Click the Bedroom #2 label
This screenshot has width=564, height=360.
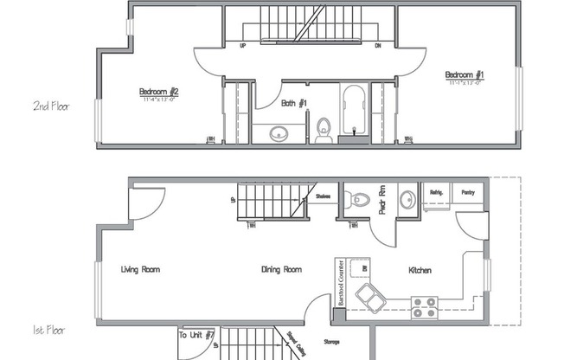coord(158,92)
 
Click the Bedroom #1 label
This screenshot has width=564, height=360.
coord(465,75)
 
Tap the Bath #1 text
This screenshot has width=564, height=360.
coord(295,103)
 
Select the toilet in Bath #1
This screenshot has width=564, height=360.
coord(324,130)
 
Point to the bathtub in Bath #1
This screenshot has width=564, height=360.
coord(353,111)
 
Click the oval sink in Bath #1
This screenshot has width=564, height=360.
coord(279,133)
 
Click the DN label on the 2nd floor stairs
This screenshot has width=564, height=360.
coord(378,47)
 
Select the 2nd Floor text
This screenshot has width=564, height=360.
coord(51,106)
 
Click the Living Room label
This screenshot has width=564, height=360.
coord(140,270)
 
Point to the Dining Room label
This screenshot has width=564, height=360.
coord(281,270)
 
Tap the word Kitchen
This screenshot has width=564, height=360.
coord(420,271)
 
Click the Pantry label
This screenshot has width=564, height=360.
coord(468,193)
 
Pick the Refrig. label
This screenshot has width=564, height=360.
coord(433,193)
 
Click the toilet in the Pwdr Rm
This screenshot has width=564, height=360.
coord(356,201)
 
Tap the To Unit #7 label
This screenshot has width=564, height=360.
coord(196,334)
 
